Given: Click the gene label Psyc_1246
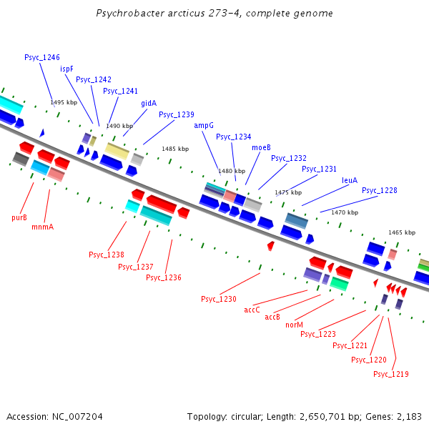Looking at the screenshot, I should (x=42, y=57).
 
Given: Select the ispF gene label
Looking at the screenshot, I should (x=66, y=69).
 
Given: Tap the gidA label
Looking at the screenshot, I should (x=149, y=103).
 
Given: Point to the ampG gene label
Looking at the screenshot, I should (x=204, y=125).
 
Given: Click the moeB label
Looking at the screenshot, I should (x=261, y=147).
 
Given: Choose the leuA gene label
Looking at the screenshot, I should (x=350, y=180).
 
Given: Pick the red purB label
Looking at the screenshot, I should (x=19, y=217).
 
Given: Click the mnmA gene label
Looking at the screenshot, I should (x=43, y=227).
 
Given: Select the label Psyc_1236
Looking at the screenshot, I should (x=164, y=277).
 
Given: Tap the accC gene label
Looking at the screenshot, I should (x=252, y=310).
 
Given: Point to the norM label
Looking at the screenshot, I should (x=294, y=324).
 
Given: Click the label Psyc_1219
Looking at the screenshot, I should (x=391, y=374).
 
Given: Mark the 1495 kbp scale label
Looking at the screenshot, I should (x=63, y=102).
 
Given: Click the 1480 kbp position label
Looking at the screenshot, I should (x=232, y=171).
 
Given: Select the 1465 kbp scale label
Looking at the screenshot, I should (x=402, y=232).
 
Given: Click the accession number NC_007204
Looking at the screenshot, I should (x=54, y=416).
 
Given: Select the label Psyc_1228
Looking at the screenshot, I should (x=380, y=190).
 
